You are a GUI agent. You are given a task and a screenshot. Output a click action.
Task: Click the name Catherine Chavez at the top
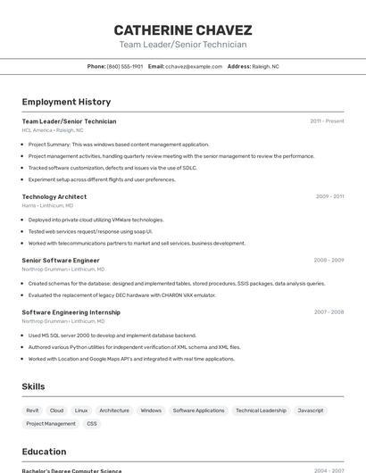(183, 29)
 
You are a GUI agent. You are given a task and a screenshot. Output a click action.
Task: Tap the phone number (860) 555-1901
(125, 66)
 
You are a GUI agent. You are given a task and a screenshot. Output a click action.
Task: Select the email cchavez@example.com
(193, 66)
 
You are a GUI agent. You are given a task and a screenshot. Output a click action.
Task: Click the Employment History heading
(66, 102)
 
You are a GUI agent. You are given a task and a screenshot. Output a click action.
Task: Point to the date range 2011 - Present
(327, 120)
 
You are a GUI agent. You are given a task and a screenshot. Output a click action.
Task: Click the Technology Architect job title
(54, 196)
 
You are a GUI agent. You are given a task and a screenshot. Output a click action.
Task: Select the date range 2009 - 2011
(329, 196)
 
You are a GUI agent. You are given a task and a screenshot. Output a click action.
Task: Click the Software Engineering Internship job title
(71, 312)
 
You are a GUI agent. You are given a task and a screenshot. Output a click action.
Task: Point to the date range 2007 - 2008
(329, 312)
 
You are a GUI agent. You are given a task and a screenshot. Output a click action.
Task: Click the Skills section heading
(34, 386)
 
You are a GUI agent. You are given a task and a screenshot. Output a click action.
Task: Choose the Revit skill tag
(32, 411)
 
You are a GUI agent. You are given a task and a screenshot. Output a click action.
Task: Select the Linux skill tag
(81, 411)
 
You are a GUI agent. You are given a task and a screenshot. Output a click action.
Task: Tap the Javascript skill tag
(311, 411)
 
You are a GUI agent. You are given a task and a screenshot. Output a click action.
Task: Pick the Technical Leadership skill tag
(261, 411)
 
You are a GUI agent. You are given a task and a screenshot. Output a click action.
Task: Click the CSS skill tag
(92, 424)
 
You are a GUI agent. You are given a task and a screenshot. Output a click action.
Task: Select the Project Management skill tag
(51, 424)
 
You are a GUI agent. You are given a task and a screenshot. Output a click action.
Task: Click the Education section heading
(44, 452)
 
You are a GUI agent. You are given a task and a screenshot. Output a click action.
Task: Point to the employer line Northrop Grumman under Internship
(62, 321)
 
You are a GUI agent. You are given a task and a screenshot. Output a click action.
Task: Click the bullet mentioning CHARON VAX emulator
(122, 295)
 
